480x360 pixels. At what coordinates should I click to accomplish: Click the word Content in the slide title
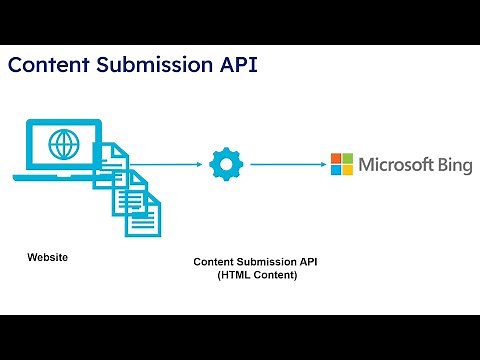click(x=47, y=65)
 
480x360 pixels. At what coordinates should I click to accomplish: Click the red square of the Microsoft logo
click(x=336, y=158)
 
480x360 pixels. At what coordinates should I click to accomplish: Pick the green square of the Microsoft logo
click(x=348, y=158)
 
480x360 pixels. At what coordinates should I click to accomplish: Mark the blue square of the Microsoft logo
click(x=336, y=170)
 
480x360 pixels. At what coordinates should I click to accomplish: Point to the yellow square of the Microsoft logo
click(x=348, y=170)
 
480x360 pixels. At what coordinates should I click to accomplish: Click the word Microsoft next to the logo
click(x=398, y=164)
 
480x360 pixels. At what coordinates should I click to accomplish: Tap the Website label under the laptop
click(x=47, y=258)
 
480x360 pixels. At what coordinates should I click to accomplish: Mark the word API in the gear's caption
click(x=308, y=262)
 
